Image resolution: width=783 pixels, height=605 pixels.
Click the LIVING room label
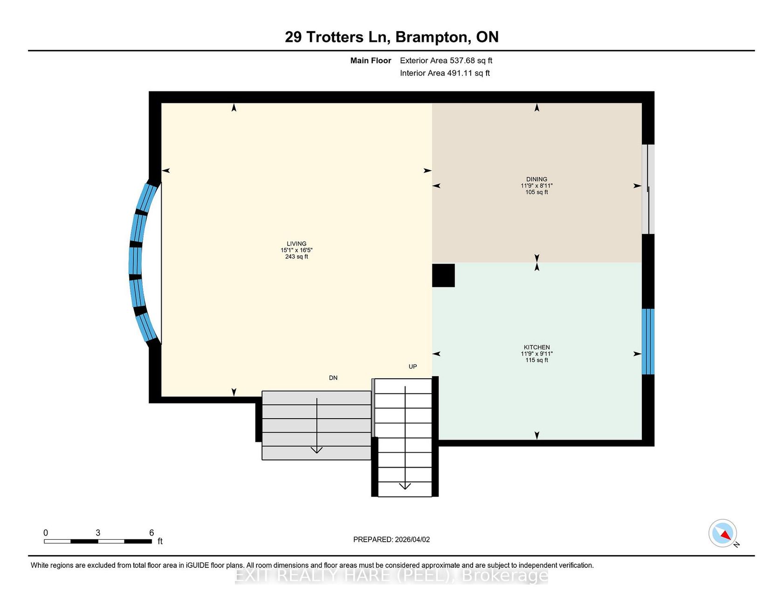(x=296, y=244)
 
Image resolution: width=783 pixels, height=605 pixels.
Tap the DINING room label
(x=536, y=179)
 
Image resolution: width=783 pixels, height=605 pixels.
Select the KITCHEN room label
(x=536, y=347)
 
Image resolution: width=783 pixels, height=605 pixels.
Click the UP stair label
(x=412, y=367)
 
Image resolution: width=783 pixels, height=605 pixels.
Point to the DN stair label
(x=333, y=378)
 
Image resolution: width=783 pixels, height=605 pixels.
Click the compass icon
(x=723, y=533)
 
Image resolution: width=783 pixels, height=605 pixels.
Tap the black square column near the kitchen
(x=443, y=275)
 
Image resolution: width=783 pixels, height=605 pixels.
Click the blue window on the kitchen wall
(x=648, y=341)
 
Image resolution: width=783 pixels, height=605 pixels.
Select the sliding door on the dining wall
(x=648, y=189)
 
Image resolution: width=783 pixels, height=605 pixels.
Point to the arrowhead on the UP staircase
(x=405, y=486)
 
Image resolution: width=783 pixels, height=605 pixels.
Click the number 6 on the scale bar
(x=151, y=533)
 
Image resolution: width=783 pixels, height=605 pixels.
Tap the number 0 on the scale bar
(x=46, y=533)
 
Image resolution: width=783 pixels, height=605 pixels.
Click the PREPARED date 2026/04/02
(x=412, y=540)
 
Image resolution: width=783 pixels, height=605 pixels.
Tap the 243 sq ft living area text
(x=296, y=257)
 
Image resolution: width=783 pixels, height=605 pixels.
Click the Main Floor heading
(x=371, y=61)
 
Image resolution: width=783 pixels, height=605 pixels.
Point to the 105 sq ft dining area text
(x=536, y=192)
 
